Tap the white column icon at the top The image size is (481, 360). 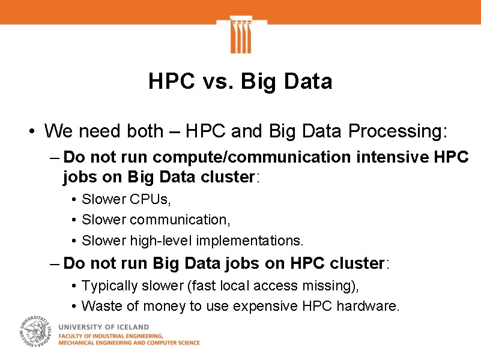pyautogui.click(x=240, y=35)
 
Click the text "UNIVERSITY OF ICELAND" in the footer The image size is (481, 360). pyautogui.click(x=100, y=326)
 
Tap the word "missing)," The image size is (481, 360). pyautogui.click(x=336, y=286)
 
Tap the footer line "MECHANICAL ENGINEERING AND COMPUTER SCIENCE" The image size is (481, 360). pyautogui.click(x=129, y=343)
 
